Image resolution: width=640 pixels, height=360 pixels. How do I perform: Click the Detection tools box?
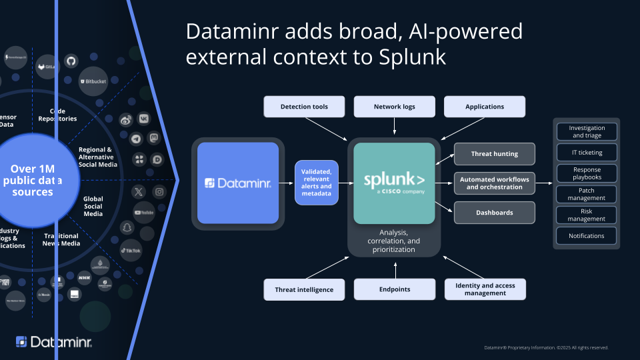coord(304,107)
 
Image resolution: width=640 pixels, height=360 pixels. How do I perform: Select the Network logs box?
coord(394,107)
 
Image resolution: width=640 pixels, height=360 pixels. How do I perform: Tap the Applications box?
coord(485,107)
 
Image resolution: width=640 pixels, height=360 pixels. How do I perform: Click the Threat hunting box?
coord(495,154)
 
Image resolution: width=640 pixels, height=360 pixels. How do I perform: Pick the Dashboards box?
coord(495,213)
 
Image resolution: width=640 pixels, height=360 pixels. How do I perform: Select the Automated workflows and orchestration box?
coord(495,183)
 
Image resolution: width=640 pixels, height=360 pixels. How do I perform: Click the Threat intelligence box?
coord(304,289)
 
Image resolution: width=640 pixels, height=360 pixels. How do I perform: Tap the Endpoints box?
coord(394,289)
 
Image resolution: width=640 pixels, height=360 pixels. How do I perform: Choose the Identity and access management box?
coord(485,289)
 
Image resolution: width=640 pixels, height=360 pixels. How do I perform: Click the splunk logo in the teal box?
coord(394,181)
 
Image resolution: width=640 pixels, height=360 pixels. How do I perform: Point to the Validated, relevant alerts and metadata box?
coord(317,182)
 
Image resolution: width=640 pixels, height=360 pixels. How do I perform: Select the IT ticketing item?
coord(586,153)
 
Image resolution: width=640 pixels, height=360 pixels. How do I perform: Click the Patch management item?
coord(586,194)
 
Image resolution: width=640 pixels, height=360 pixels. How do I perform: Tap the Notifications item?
coord(586,235)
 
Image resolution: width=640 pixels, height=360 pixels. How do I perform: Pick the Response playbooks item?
coord(586,173)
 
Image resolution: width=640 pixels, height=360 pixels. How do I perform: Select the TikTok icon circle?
coord(131,250)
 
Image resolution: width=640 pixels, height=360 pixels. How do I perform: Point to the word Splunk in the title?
coord(414,57)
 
